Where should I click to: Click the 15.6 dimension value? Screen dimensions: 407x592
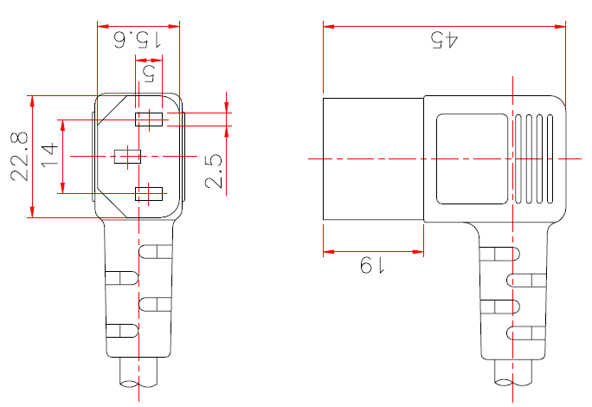click(138, 39)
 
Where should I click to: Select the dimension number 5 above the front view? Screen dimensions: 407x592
click(148, 71)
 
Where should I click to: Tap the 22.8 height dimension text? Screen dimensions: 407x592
click(20, 156)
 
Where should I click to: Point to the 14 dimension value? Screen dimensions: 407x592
click(49, 156)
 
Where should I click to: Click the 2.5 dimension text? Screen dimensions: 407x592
click(215, 171)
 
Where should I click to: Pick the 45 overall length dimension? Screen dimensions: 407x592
click(443, 40)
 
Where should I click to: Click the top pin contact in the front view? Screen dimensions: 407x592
click(148, 120)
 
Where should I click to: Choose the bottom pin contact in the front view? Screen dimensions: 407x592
click(148, 193)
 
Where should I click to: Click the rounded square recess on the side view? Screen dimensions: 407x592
click(471, 158)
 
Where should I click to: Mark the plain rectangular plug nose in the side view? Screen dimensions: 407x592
click(372, 158)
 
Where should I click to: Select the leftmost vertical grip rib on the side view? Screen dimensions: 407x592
click(518, 158)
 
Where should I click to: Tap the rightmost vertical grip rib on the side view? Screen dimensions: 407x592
click(550, 158)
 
